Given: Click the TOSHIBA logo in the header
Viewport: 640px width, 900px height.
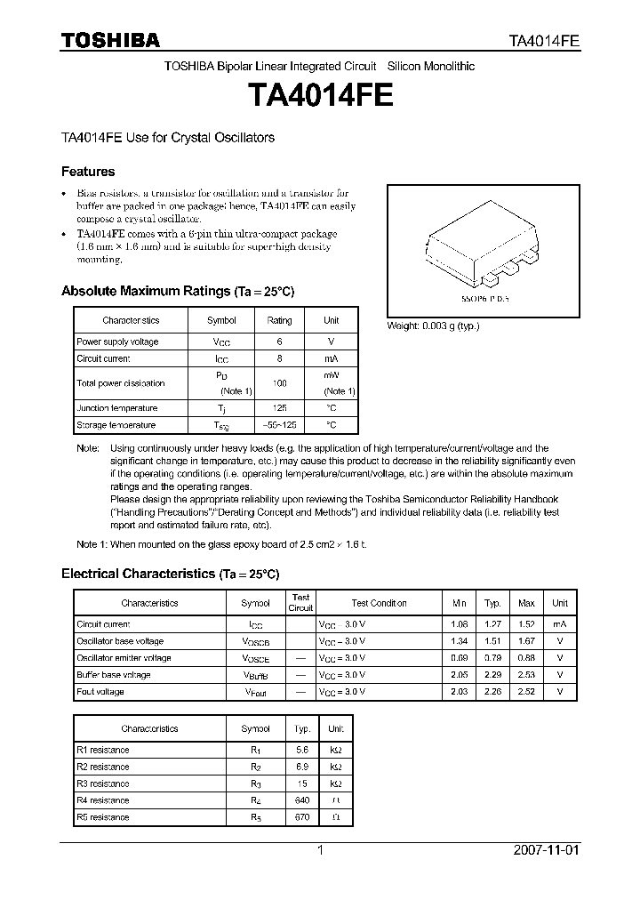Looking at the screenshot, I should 110,40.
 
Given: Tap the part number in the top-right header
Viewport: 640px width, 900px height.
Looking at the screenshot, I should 544,41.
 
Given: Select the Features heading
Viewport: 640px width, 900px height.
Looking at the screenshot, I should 88,172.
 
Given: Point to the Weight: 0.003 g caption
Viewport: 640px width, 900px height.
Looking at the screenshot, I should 433,326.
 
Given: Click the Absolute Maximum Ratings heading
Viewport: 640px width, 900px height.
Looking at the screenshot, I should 177,291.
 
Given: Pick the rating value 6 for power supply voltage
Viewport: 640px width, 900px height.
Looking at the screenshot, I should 279,342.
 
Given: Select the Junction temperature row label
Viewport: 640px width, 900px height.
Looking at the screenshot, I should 117,408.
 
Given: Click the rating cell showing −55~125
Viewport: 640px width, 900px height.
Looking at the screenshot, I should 279,425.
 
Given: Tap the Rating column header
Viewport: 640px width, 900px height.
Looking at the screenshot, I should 279,320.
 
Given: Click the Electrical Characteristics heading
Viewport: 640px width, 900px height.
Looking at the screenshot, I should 170,575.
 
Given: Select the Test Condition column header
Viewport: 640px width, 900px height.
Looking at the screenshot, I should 379,603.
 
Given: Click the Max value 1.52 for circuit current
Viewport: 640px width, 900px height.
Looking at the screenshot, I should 526,624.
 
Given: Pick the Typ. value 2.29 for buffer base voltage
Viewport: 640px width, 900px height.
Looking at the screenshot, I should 492,675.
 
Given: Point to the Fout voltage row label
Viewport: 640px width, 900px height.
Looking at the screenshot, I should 100,692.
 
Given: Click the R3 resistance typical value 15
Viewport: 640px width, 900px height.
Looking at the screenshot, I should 303,783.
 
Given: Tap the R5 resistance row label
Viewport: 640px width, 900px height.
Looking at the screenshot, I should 103,816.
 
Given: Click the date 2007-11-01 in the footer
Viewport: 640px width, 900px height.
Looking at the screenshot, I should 547,850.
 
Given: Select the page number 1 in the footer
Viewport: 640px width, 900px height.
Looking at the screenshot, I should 320,850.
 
